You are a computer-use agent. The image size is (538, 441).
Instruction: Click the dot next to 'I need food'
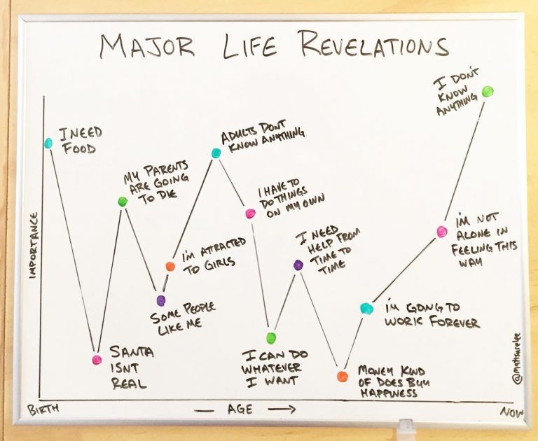pyautogui.click(x=48, y=143)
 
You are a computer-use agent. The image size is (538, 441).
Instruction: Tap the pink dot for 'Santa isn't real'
pyautogui.click(x=97, y=360)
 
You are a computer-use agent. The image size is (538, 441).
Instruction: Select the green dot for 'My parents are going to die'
pyautogui.click(x=123, y=202)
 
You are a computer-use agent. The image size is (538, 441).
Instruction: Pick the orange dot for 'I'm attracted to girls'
pyautogui.click(x=170, y=266)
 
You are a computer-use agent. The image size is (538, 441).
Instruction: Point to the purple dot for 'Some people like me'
pyautogui.click(x=162, y=301)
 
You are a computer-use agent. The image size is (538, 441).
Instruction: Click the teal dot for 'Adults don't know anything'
pyautogui.click(x=216, y=153)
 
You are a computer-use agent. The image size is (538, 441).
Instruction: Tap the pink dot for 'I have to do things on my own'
pyautogui.click(x=249, y=213)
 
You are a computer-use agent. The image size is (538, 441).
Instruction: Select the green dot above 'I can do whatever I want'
pyautogui.click(x=272, y=339)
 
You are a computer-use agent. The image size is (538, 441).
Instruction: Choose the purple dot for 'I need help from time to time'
pyautogui.click(x=298, y=265)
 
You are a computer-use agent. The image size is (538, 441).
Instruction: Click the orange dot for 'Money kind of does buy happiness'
pyautogui.click(x=342, y=377)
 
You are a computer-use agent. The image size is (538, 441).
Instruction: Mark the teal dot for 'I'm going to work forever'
pyautogui.click(x=366, y=308)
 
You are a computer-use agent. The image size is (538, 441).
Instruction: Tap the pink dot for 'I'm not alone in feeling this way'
pyautogui.click(x=441, y=231)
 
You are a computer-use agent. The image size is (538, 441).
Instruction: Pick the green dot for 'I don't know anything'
pyautogui.click(x=488, y=91)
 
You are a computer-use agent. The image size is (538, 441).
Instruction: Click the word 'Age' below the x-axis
pyautogui.click(x=240, y=410)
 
